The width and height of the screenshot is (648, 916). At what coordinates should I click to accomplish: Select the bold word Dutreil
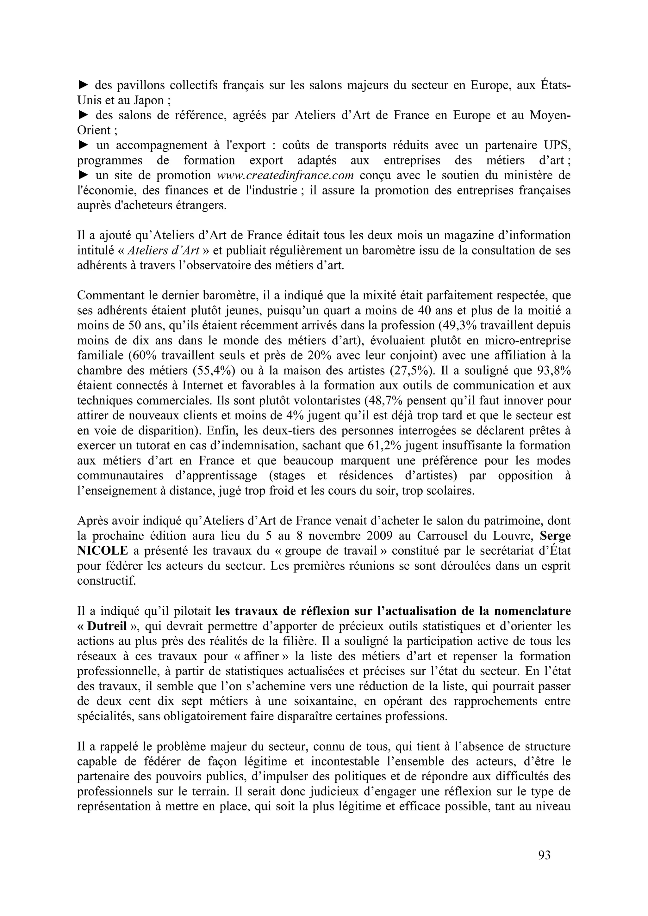(x=107, y=626)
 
